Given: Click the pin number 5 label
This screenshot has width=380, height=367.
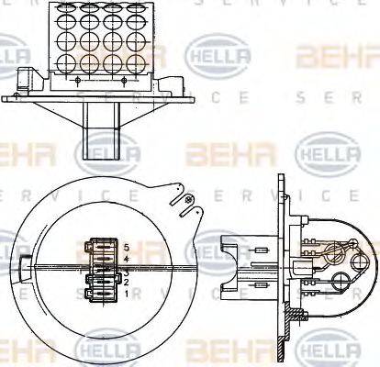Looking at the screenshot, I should coord(126,249).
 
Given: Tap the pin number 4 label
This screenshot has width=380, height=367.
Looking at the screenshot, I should coord(126,260).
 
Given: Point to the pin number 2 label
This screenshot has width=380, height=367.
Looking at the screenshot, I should coord(126,283).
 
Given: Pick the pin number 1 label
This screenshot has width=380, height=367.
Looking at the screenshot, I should coord(126,295).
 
